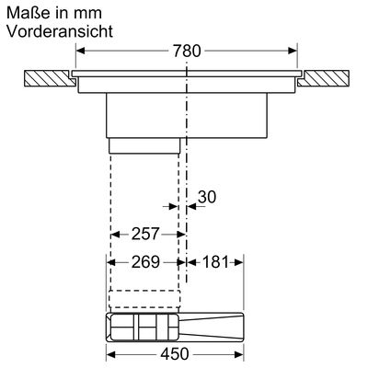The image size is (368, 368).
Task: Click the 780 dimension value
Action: pyautogui.click(x=187, y=51)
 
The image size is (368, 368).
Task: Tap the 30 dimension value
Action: pyautogui.click(x=207, y=197)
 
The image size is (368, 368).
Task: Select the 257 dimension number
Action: pyautogui.click(x=145, y=234)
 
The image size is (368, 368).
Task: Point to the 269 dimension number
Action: pyautogui.click(x=145, y=262)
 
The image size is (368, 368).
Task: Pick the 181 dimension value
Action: pyautogui.click(x=215, y=262)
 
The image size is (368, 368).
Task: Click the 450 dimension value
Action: pyautogui.click(x=175, y=354)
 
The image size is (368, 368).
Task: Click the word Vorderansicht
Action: pyautogui.click(x=60, y=31)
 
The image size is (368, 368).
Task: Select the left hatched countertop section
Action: pyautogui.click(x=50, y=78)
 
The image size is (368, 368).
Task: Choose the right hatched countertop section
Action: pyautogui.click(x=323, y=78)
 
